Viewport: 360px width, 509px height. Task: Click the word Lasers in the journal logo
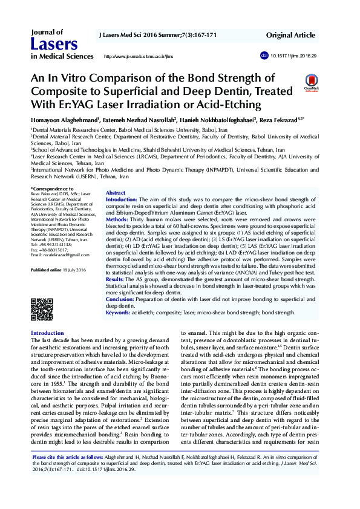[x=54, y=44]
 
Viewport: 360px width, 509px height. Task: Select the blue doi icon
[x=264, y=55]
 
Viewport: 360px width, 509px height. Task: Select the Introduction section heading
[x=47, y=333]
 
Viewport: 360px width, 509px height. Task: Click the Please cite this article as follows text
[x=68, y=475]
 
